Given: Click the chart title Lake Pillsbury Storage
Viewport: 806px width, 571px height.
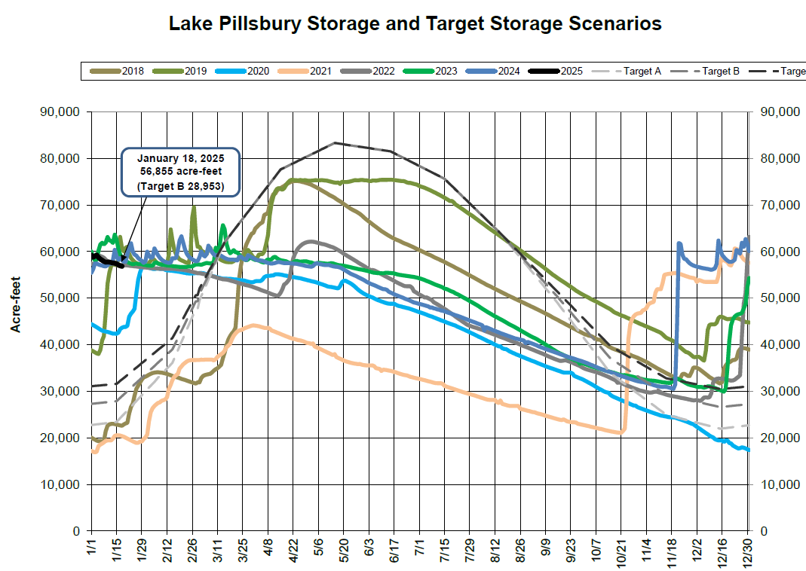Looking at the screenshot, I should click(x=415, y=23).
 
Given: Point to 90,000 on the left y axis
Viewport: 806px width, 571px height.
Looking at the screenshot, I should click(x=62, y=111).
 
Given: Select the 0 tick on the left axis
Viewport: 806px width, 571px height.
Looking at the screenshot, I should click(x=76, y=531).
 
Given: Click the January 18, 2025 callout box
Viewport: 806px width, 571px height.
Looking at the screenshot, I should click(x=180, y=171).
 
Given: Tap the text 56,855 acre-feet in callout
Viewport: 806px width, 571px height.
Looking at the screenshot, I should click(x=180, y=171).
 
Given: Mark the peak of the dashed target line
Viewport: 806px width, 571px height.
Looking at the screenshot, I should click(x=335, y=142).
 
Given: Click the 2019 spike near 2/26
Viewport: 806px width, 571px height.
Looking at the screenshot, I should click(x=194, y=208).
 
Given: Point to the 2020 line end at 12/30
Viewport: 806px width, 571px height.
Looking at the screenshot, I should click(x=748, y=450).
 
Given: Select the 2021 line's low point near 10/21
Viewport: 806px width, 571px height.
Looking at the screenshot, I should click(x=621, y=433).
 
